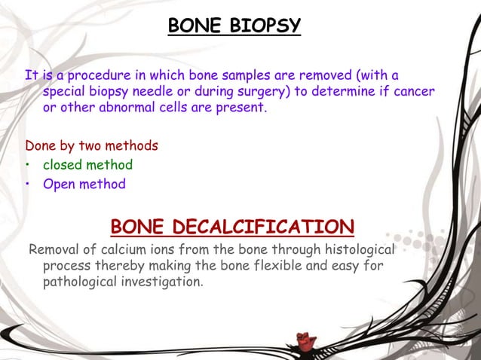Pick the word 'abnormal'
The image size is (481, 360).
[124, 108]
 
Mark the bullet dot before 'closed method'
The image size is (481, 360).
[27, 165]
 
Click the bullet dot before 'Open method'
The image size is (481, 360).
[27, 185]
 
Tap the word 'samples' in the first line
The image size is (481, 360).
[210, 76]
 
